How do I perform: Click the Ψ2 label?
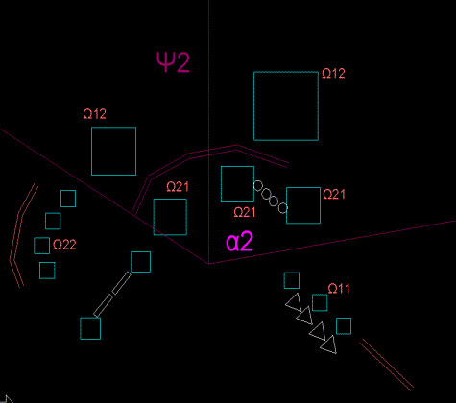pyautogui.click(x=173, y=62)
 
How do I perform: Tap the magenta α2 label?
pyautogui.click(x=240, y=242)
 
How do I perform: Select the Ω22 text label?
pyautogui.click(x=64, y=245)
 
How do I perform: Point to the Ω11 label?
pyautogui.click(x=339, y=289)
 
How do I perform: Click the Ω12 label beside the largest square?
pyautogui.click(x=333, y=74)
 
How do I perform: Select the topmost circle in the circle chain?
pyautogui.click(x=258, y=186)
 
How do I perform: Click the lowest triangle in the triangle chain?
pyautogui.click(x=329, y=345)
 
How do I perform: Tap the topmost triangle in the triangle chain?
pyautogui.click(x=295, y=302)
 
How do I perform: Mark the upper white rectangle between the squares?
pyautogui.click(x=122, y=283)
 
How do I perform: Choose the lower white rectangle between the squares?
pyautogui.click(x=103, y=306)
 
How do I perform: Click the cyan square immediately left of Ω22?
pyautogui.click(x=42, y=246)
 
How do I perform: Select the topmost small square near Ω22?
pyautogui.click(x=68, y=199)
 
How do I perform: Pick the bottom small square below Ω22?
pyautogui.click(x=47, y=271)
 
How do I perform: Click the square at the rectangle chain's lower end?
pyautogui.click(x=90, y=328)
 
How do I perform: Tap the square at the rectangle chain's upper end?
pyautogui.click(x=140, y=262)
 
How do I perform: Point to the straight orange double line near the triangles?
pyautogui.click(x=386, y=365)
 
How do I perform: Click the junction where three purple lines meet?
pyautogui.click(x=209, y=264)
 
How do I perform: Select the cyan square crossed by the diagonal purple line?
pyautogui.click(x=170, y=217)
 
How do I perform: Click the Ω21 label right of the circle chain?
pyautogui.click(x=334, y=195)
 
